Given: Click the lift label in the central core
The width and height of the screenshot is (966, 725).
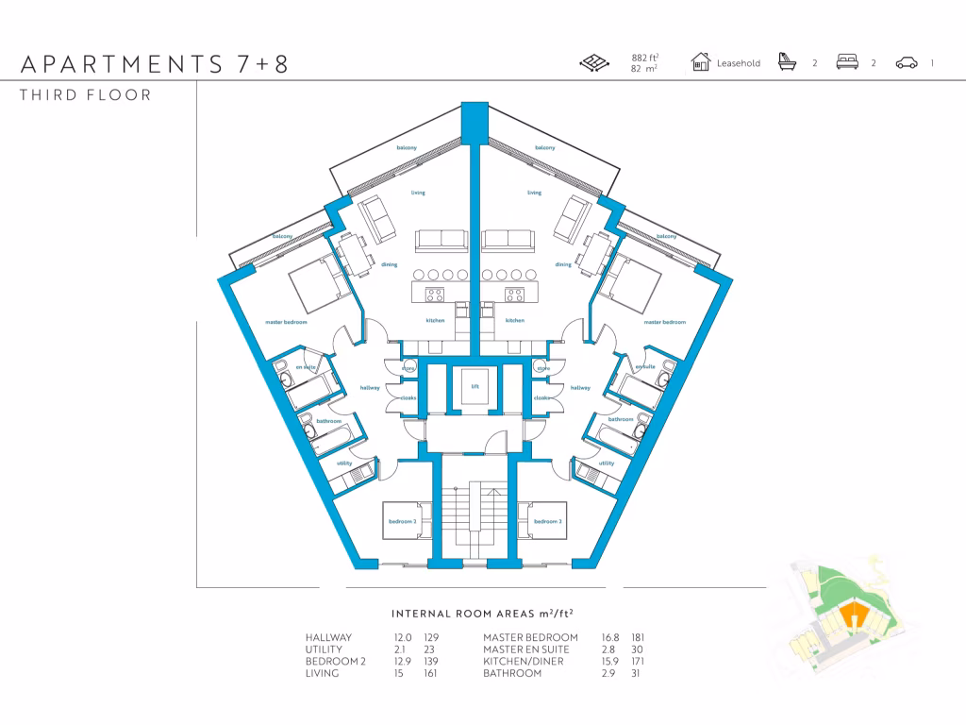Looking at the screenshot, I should pyautogui.click(x=475, y=385).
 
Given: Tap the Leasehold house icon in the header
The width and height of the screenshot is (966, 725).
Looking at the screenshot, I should pyautogui.click(x=700, y=63).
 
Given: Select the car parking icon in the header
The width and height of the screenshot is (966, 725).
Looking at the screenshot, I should pyautogui.click(x=907, y=63).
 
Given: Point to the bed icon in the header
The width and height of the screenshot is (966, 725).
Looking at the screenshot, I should pyautogui.click(x=847, y=63).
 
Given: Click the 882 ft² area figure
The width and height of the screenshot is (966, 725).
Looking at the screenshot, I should pyautogui.click(x=644, y=59).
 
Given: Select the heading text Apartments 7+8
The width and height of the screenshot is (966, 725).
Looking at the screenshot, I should pyautogui.click(x=154, y=64).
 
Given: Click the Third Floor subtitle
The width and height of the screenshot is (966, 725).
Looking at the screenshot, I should pyautogui.click(x=85, y=95).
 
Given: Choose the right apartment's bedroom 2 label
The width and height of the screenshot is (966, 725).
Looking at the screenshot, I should pyautogui.click(x=547, y=521).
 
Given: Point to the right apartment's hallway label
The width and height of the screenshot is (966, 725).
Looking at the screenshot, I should pyautogui.click(x=579, y=387).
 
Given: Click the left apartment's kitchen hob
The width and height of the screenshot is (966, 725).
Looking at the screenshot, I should pyautogui.click(x=436, y=295).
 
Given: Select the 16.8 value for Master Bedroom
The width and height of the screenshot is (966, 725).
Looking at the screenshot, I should pyautogui.click(x=611, y=638).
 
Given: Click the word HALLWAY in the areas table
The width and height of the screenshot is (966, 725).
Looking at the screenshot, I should pyautogui.click(x=328, y=638).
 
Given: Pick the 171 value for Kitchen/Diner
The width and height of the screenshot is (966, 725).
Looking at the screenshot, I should pyautogui.click(x=638, y=662).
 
